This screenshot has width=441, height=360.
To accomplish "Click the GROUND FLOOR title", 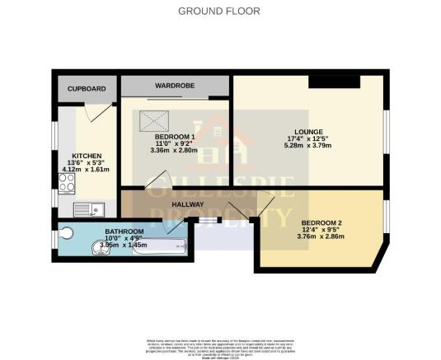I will click(219, 12).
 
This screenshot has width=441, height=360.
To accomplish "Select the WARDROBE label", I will click(175, 86).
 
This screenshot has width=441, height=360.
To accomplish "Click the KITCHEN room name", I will click(87, 156).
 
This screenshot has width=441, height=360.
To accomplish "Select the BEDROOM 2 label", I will click(321, 223).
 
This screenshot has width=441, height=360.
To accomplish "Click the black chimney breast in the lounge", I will click(334, 81).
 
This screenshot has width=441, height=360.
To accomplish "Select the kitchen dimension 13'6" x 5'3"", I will click(87, 163).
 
